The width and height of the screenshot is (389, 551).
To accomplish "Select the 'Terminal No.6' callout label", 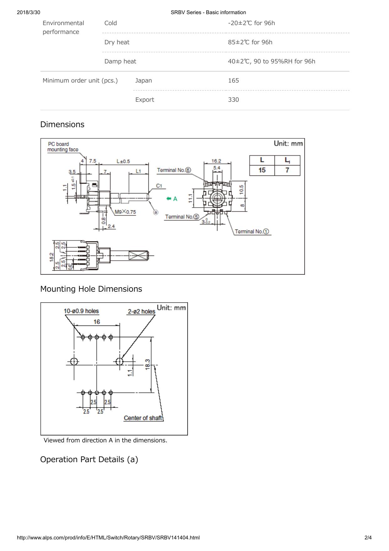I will tap(174, 170).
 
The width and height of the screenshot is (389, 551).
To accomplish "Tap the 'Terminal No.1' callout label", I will tap(252, 231).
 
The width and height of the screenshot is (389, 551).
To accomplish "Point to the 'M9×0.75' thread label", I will tap(125, 212).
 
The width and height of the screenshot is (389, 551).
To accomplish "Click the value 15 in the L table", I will tap(262, 170).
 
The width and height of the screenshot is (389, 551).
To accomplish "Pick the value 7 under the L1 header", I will tap(287, 170).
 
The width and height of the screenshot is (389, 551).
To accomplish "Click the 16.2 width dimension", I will tap(216, 161).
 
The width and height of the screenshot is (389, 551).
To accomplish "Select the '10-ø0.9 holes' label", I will tap(81, 311).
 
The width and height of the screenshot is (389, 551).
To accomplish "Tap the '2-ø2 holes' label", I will tap(141, 311).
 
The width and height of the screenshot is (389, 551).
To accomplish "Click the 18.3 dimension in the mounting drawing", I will tap(147, 365).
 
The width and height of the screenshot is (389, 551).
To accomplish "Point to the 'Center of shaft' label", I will tap(143, 418).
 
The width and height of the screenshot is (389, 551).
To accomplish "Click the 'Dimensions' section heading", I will tap(62, 124).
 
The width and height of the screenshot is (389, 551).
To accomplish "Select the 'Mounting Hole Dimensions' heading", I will tap(91, 289).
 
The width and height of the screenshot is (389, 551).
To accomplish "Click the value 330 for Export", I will tap(233, 100).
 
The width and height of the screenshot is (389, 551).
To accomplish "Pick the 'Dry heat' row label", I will tap(117, 42).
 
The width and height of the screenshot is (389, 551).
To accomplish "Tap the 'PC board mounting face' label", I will tap(62, 147).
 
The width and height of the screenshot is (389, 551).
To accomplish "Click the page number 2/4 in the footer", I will tap(368, 537).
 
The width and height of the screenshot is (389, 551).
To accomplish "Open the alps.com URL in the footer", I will tap(108, 537).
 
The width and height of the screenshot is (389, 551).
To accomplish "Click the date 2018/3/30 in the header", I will tap(29, 12).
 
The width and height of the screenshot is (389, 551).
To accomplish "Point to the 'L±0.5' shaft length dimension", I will tap(123, 161).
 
